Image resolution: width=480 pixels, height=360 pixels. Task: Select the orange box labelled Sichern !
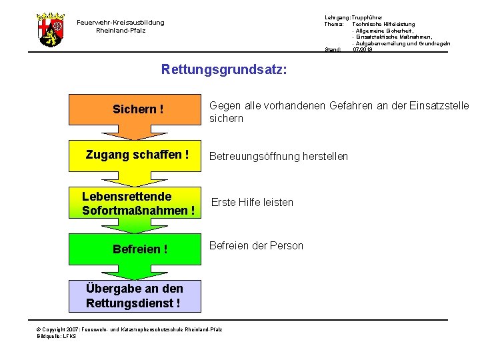click(138, 109)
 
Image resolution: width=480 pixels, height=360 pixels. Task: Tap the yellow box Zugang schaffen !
click(137, 155)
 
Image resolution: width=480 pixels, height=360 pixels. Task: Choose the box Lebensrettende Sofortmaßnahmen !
click(138, 203)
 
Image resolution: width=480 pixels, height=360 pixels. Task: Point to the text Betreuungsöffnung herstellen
click(279, 157)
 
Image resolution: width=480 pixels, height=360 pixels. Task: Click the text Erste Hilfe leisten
click(252, 202)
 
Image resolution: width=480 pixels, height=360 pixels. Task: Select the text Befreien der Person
click(256, 245)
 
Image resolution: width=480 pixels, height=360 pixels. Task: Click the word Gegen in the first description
click(225, 105)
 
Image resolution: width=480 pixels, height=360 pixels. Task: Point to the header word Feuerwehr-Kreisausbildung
click(120, 23)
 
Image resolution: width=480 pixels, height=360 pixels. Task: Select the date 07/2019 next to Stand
click(363, 49)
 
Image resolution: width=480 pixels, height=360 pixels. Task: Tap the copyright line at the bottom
click(129, 329)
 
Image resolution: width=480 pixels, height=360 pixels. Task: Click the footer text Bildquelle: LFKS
click(57, 336)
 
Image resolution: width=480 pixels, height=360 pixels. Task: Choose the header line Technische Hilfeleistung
click(383, 24)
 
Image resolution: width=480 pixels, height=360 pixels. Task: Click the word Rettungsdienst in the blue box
click(129, 303)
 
